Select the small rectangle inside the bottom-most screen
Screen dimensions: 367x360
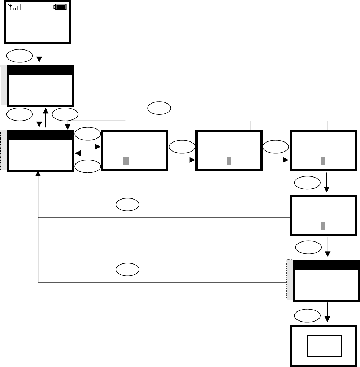[324, 345]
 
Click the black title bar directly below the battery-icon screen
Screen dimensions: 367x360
[40, 70]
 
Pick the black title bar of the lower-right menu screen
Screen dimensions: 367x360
[326, 265]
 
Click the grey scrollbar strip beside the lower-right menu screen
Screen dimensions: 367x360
[289, 280]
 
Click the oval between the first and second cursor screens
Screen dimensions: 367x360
[182, 147]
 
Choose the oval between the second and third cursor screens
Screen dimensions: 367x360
[276, 147]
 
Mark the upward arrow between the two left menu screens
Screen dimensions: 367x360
[46, 117]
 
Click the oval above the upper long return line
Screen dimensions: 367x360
[127, 205]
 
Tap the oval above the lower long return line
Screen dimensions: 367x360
[127, 270]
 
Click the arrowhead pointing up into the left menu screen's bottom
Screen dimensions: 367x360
[38, 174]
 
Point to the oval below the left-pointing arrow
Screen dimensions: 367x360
[88, 166]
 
